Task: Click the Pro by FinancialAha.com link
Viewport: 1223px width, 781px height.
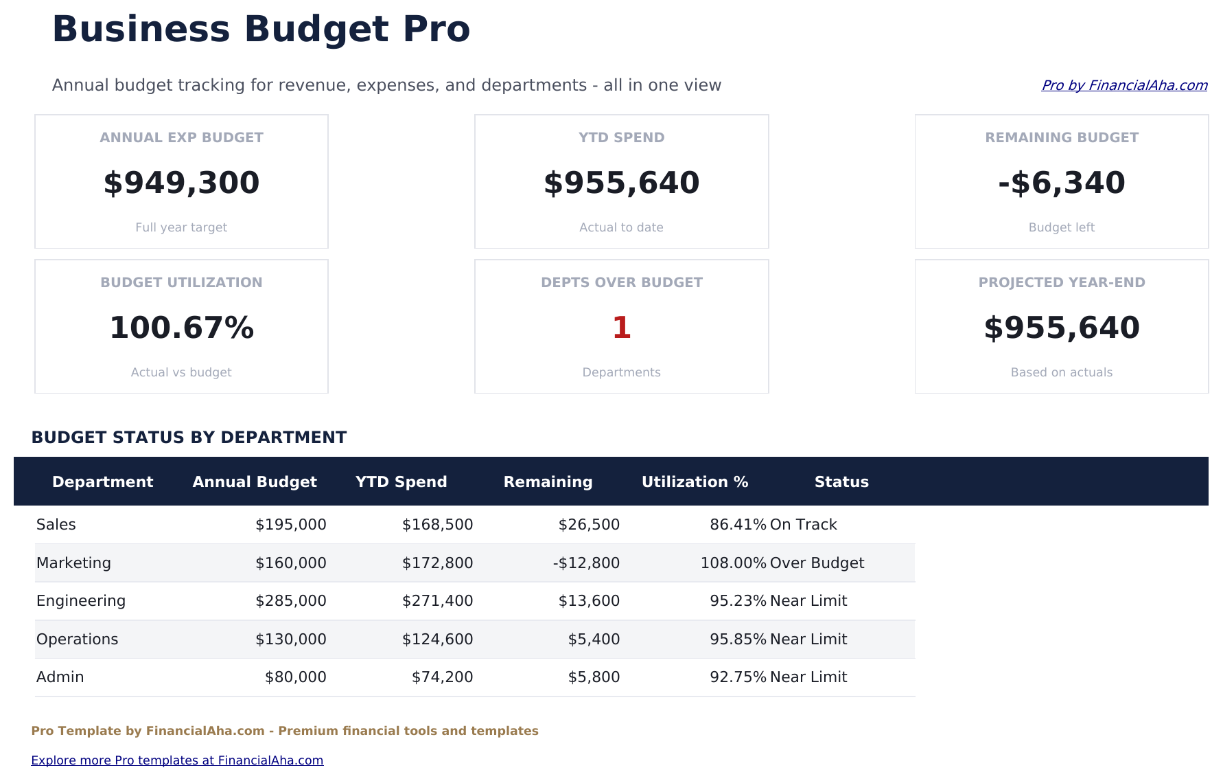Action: click(x=1124, y=85)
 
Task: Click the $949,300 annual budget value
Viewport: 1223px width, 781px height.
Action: click(x=181, y=183)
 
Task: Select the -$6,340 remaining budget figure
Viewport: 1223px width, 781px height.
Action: click(x=1061, y=183)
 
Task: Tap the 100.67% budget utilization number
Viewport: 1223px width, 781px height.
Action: click(x=181, y=328)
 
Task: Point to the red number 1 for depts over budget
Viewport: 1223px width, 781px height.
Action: click(x=621, y=328)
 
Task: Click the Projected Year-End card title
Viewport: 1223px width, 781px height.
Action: click(x=1061, y=282)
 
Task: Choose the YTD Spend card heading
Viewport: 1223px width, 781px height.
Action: click(x=621, y=137)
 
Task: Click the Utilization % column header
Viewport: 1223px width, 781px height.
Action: click(x=695, y=482)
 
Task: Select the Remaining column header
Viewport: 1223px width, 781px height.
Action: click(x=548, y=482)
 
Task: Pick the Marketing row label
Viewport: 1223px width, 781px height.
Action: click(x=73, y=563)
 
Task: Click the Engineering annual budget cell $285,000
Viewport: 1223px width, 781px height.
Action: click(x=291, y=601)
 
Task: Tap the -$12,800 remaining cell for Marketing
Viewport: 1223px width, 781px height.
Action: click(x=586, y=563)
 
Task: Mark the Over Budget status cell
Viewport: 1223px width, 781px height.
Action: click(x=817, y=563)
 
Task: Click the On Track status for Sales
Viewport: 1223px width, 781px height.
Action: click(x=803, y=525)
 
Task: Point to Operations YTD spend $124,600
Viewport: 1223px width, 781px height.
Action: click(x=437, y=639)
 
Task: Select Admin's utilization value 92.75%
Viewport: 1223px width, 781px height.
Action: click(x=738, y=677)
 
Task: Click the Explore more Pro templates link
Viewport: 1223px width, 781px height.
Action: click(x=177, y=760)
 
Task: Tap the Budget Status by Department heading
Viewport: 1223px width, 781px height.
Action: click(x=189, y=438)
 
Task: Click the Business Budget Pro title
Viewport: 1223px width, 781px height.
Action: click(x=261, y=30)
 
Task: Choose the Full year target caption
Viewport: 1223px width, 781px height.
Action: click(x=181, y=227)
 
